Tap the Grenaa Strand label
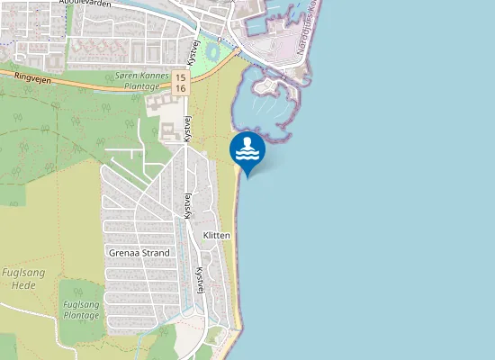point(139,253)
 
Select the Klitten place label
point(217,236)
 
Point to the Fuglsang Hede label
point(18,278)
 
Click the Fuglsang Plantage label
point(81,310)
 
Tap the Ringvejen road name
point(33,78)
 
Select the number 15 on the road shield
point(181,77)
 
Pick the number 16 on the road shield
point(181,89)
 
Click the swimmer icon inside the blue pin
point(247,147)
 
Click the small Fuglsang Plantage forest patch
point(81,310)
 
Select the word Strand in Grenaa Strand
point(155,253)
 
